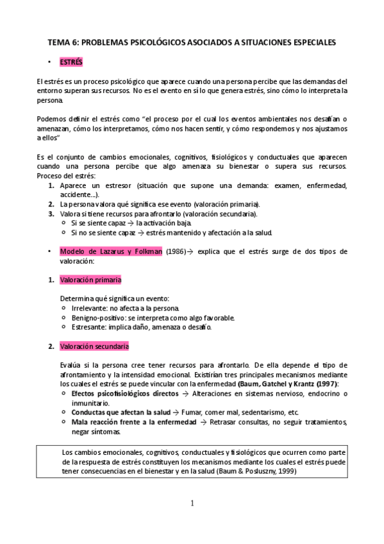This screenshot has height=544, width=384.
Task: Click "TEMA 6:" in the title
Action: coord(63,42)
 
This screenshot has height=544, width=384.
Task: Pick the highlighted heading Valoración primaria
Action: coord(90,280)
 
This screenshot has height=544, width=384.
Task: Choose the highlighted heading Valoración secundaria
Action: coord(94,346)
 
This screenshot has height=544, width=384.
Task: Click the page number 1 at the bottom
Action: coord(192,502)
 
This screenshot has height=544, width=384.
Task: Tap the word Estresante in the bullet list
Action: coord(88,327)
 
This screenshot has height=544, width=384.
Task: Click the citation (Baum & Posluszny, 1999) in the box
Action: coord(254,470)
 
